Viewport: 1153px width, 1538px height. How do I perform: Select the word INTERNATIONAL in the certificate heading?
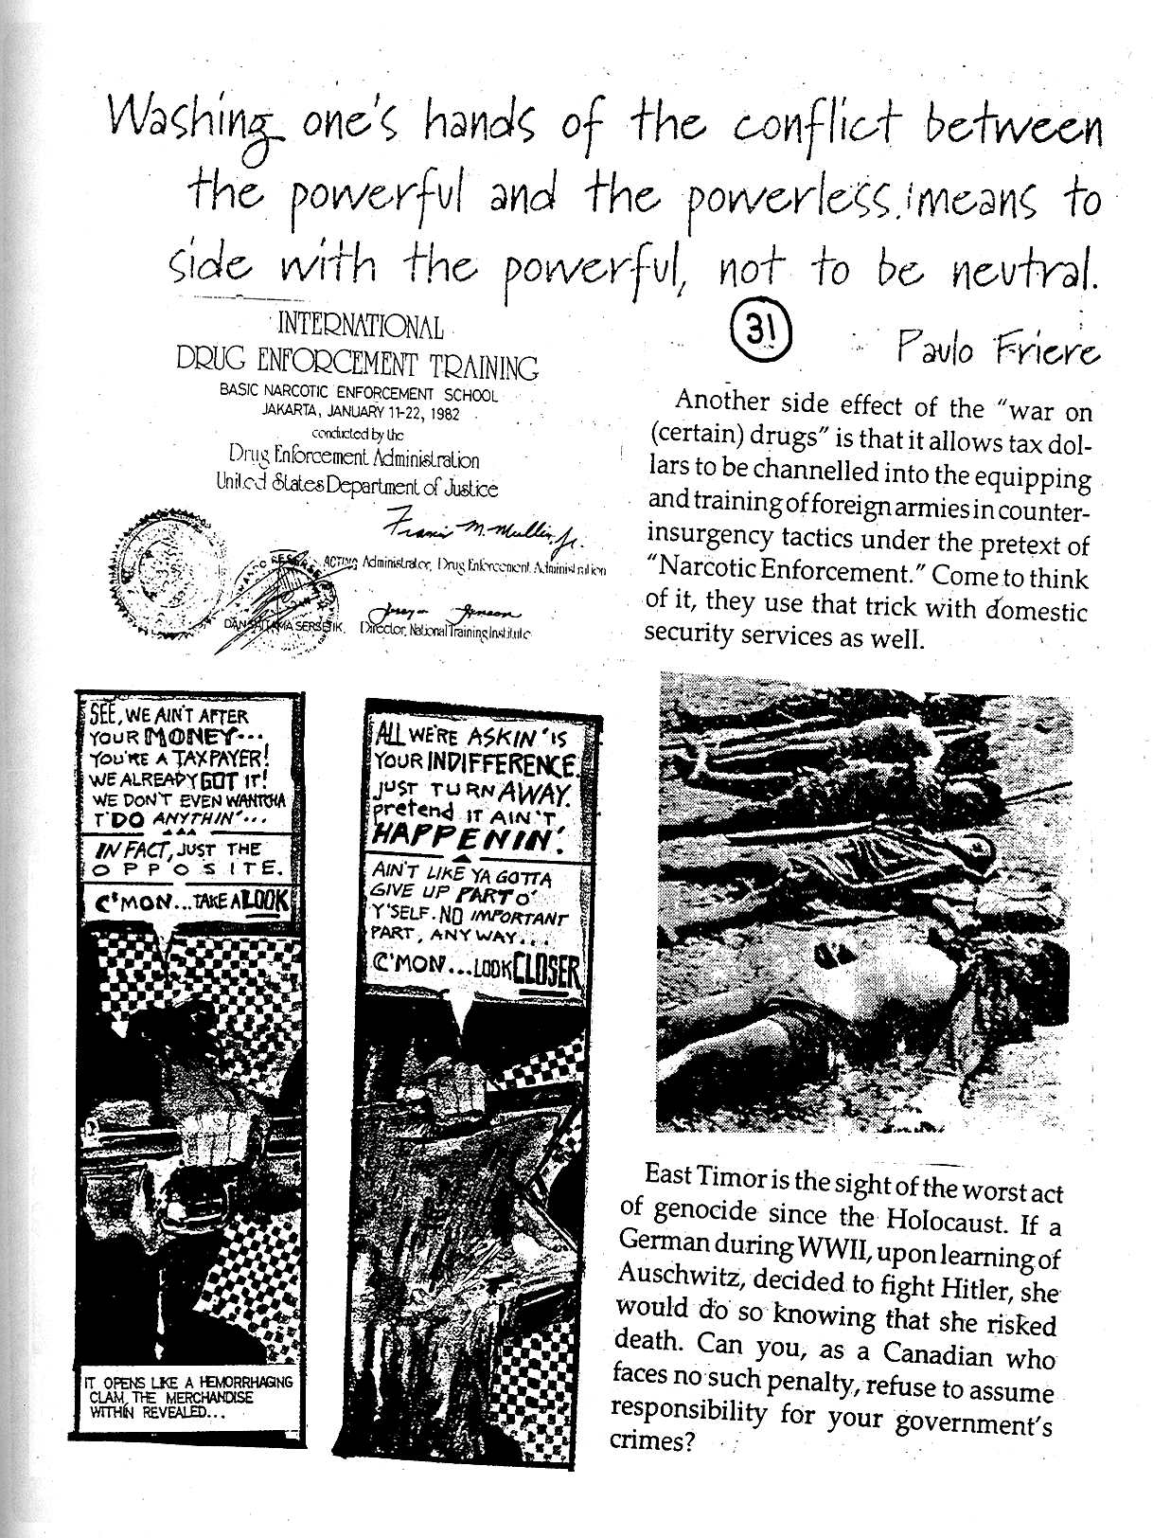coord(359,329)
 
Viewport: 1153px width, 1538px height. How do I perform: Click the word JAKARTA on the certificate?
coord(290,413)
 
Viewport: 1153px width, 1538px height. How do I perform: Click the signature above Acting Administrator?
coord(482,538)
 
